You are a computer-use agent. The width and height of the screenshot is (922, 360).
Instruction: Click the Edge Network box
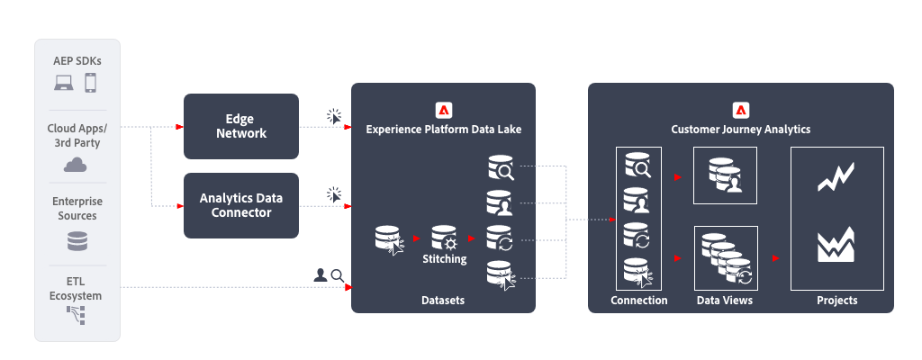[x=240, y=126]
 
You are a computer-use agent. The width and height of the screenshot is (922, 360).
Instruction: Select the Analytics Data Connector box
[x=240, y=205]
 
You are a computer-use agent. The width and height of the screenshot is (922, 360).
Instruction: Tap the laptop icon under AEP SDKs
[x=64, y=84]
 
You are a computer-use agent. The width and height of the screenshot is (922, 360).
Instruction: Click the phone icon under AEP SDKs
[x=90, y=84]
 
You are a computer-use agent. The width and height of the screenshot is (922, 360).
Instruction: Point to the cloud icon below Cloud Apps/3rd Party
[x=76, y=164]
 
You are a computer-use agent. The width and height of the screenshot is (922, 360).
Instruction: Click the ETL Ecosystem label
[x=76, y=289]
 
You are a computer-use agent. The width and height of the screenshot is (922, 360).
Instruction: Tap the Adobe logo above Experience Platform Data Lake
[x=443, y=110]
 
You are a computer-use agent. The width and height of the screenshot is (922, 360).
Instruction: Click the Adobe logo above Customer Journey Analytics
[x=741, y=110]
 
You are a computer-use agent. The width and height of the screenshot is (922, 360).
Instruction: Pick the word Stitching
[x=444, y=259]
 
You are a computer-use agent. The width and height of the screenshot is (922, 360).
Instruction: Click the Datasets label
[x=443, y=300]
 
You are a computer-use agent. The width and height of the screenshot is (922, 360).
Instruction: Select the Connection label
[x=638, y=300]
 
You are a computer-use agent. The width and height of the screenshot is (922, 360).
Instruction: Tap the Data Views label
[x=725, y=300]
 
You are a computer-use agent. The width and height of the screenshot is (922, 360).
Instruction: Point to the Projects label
[x=836, y=300]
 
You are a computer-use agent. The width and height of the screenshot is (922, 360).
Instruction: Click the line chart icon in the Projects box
[x=836, y=178]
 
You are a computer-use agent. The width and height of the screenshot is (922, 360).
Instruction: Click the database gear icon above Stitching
[x=444, y=238]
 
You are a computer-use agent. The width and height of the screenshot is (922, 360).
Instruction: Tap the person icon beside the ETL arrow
[x=320, y=274]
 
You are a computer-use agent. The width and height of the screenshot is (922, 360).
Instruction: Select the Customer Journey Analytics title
[x=741, y=130]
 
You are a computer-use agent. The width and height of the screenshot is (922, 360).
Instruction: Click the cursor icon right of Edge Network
[x=334, y=117]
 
